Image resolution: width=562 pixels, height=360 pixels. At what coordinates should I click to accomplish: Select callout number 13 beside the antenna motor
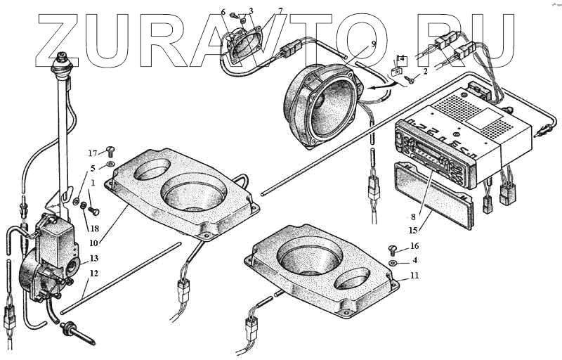point(93,259)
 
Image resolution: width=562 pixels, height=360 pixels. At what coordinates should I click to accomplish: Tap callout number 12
point(93,273)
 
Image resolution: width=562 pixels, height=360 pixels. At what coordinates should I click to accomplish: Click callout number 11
point(414,276)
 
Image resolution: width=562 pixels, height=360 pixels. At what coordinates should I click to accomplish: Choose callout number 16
point(414,246)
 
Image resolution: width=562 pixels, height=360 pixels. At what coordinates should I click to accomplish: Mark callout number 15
point(414,229)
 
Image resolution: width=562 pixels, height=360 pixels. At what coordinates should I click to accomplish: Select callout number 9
point(374,44)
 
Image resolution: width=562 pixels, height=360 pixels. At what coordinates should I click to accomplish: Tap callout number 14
point(400,58)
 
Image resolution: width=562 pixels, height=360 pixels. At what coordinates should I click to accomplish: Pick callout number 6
point(223,12)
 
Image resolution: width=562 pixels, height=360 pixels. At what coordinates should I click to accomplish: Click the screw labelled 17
point(110,150)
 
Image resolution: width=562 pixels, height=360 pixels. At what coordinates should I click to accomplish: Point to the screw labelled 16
point(393,247)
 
